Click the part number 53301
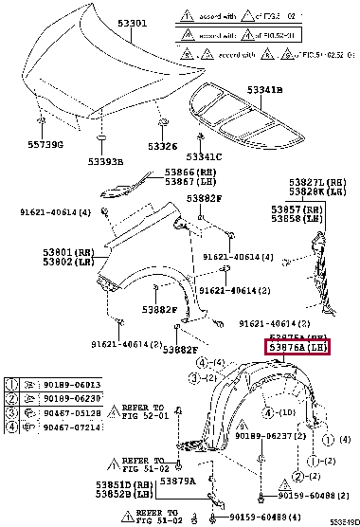105,23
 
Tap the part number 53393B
106,162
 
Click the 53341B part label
266,89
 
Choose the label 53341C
205,156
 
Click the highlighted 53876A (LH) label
298,349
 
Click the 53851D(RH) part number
125,484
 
